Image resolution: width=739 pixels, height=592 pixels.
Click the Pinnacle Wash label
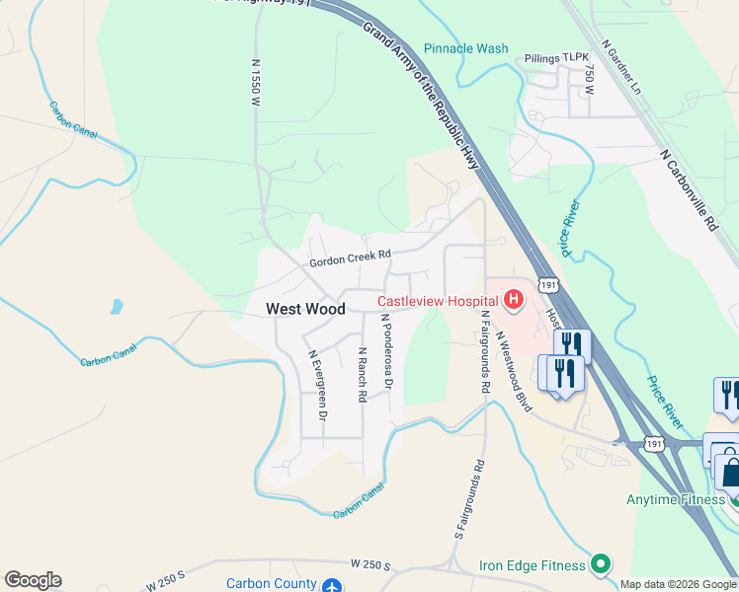point(465,48)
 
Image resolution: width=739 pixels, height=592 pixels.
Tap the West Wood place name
point(305,309)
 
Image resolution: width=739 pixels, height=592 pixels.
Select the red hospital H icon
point(514,298)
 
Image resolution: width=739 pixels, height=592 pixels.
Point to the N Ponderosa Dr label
point(388,350)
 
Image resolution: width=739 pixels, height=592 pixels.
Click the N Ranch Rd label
point(363,374)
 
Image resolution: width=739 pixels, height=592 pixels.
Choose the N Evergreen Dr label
point(316,386)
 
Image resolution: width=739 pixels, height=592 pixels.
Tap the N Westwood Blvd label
point(514,371)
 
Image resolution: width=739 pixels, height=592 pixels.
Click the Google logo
point(33,580)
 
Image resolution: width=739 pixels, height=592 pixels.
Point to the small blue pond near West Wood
point(118,306)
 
